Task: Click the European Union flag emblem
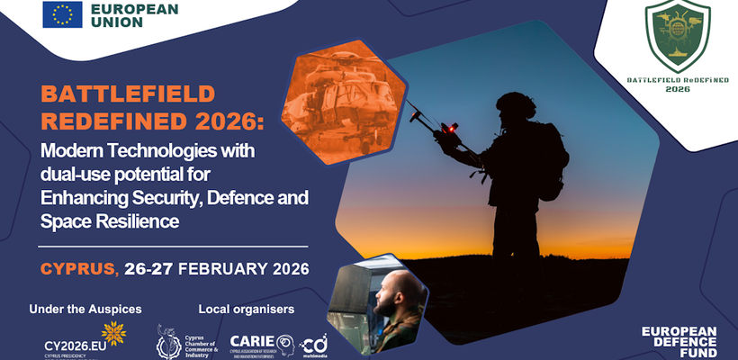point(63,14)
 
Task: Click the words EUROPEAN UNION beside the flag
point(134,14)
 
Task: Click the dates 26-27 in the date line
point(149,268)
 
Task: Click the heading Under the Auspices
point(85,310)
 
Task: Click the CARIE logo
point(261,344)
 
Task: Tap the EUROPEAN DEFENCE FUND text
point(679,341)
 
